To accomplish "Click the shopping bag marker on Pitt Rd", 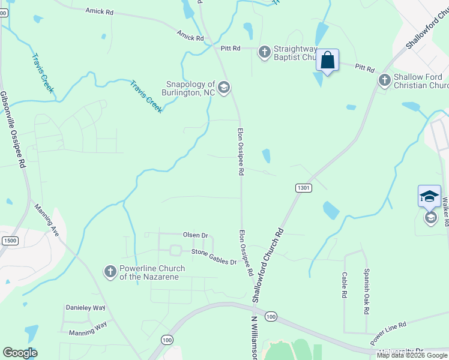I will (x=327, y=61).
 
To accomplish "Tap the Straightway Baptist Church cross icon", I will (x=264, y=52).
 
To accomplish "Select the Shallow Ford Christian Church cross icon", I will (x=384, y=80).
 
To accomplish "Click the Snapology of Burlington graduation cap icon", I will (x=224, y=88).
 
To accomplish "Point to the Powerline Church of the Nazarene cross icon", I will (x=110, y=272).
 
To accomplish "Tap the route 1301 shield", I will (x=304, y=188).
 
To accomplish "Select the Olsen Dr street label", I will (x=195, y=235).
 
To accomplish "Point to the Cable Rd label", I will (x=345, y=285).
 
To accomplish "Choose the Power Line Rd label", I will (x=388, y=332).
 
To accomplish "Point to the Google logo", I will (x=20, y=353).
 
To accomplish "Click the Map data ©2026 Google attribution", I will (x=412, y=355).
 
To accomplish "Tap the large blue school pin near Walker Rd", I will (x=429, y=196).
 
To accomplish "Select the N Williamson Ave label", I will (x=255, y=338).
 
